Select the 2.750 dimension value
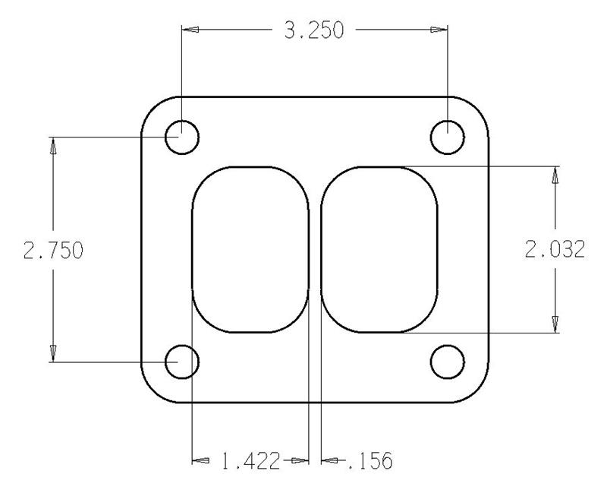click(53, 251)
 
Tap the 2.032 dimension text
click(555, 250)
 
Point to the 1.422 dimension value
click(250, 460)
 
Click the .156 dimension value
click(370, 460)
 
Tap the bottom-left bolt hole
click(182, 362)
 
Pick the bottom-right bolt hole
click(447, 362)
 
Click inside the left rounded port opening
click(250, 250)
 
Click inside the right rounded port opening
click(379, 250)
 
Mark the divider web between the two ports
click(315, 250)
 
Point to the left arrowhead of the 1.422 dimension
click(200, 460)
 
